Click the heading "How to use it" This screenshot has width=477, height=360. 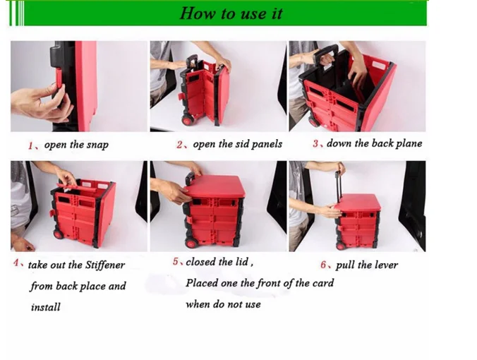coord(231,13)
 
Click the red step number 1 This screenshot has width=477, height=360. coord(30,145)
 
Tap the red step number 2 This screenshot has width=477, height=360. coord(180,145)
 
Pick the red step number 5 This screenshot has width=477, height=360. coord(176,262)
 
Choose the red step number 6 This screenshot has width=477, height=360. coord(324,265)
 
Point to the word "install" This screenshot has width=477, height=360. coord(45,307)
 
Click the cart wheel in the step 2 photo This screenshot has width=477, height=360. coord(188,119)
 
